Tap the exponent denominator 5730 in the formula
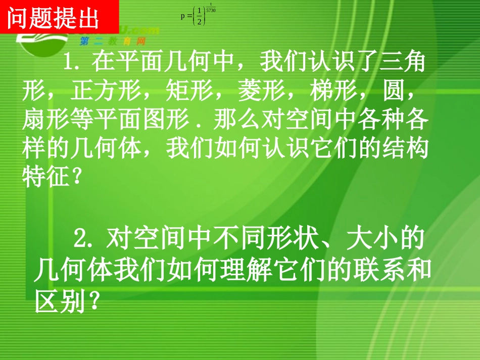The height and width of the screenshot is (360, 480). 211,10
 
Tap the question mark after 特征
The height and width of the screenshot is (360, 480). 75,178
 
